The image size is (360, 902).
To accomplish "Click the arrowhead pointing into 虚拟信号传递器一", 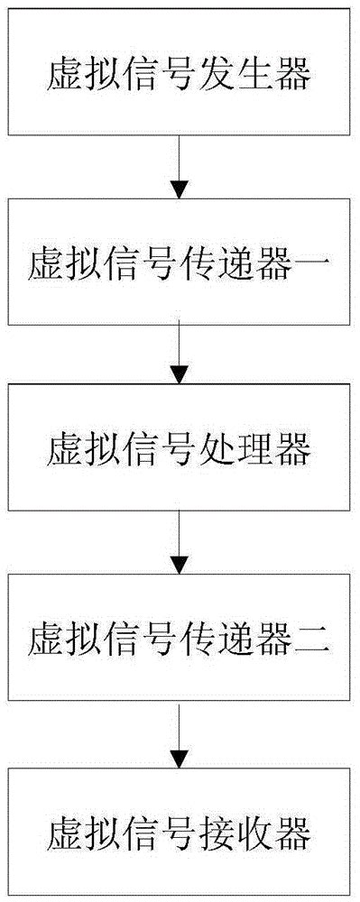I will [x=180, y=190].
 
